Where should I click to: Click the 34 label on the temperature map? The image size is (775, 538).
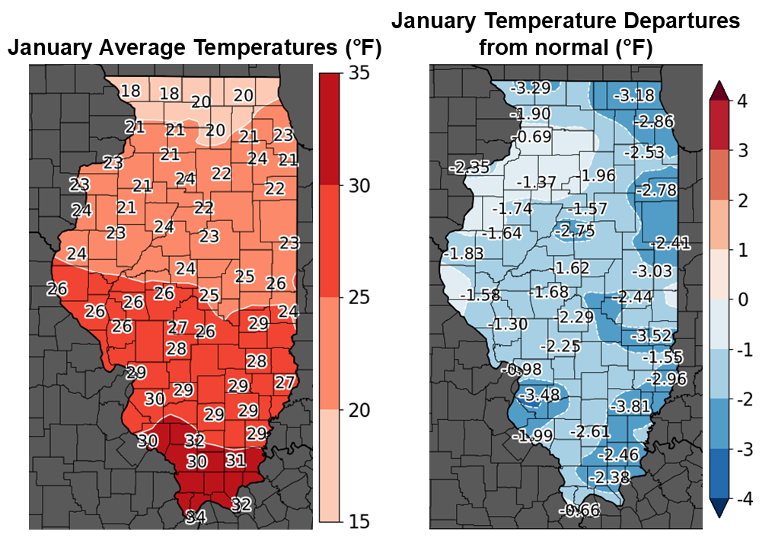coord(195,517)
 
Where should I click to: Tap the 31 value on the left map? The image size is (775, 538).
coord(234,460)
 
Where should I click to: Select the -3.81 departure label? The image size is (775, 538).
coord(632,406)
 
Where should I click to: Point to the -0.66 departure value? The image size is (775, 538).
coord(581,511)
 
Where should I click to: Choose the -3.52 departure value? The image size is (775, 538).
coord(652,335)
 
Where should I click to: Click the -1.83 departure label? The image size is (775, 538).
coord(463,254)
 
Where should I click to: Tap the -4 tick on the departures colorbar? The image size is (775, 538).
coord(745,500)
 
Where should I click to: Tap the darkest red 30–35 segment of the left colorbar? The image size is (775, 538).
coord(329,129)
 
